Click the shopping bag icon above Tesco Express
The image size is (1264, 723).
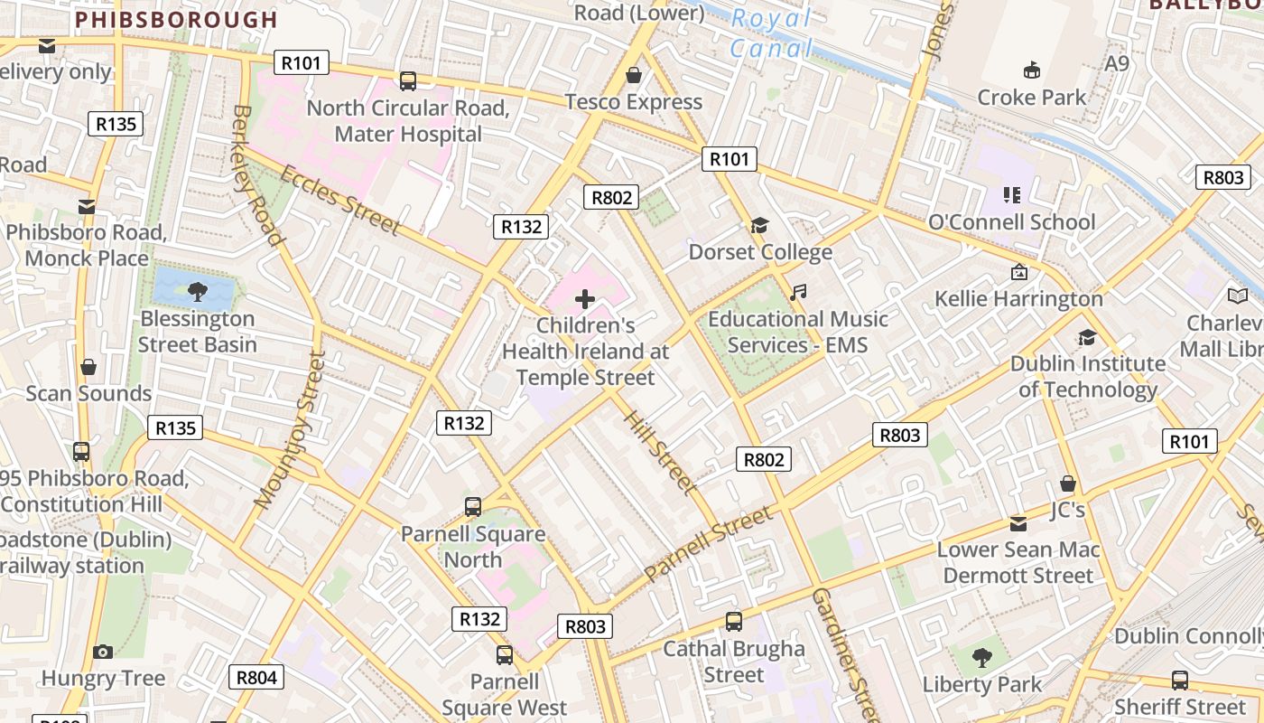[x=634, y=74]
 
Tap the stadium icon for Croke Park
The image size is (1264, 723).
[x=1031, y=70]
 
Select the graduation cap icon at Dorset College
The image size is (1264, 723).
[x=759, y=225]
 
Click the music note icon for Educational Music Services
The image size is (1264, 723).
[x=797, y=292]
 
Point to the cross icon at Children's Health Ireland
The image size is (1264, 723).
[x=585, y=298]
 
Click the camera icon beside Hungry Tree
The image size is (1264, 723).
[x=103, y=652]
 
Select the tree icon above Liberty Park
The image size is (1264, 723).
[x=981, y=657]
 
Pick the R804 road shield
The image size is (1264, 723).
[x=256, y=677]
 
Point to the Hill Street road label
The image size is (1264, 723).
[x=661, y=452]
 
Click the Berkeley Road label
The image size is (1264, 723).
[x=258, y=175]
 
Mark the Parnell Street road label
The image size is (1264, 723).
[x=710, y=543]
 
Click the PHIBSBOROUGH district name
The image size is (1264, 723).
[x=176, y=19]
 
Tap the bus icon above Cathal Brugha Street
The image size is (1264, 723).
[x=734, y=622]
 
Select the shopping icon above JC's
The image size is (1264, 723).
[x=1068, y=484]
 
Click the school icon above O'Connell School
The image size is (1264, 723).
[x=1011, y=194]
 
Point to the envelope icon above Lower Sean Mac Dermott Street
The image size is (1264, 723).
[x=1018, y=523]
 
